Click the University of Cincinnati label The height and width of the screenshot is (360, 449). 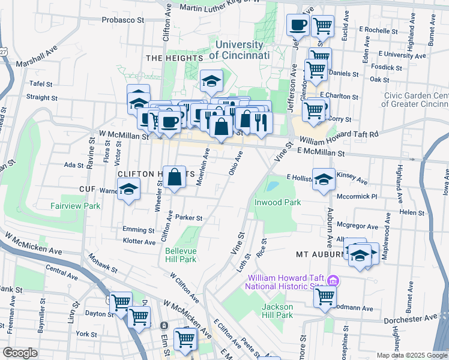tap(239, 50)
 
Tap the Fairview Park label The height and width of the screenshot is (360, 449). tap(76, 206)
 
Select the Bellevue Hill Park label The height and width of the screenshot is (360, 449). tap(181, 254)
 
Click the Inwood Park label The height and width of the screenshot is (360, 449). tap(277, 203)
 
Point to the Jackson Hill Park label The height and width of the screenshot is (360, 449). tap(277, 311)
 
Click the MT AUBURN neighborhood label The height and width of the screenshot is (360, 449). tap(319, 254)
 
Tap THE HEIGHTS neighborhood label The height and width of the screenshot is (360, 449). tap(173, 58)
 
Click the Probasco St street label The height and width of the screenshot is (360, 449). tap(123, 20)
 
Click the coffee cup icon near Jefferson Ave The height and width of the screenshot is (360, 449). tap(298, 26)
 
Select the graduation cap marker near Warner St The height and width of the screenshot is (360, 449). tap(128, 190)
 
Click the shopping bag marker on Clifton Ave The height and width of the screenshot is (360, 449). tap(175, 178)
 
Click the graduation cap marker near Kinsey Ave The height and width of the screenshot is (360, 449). tap(324, 180)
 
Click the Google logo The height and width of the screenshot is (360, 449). tap(20, 353)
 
